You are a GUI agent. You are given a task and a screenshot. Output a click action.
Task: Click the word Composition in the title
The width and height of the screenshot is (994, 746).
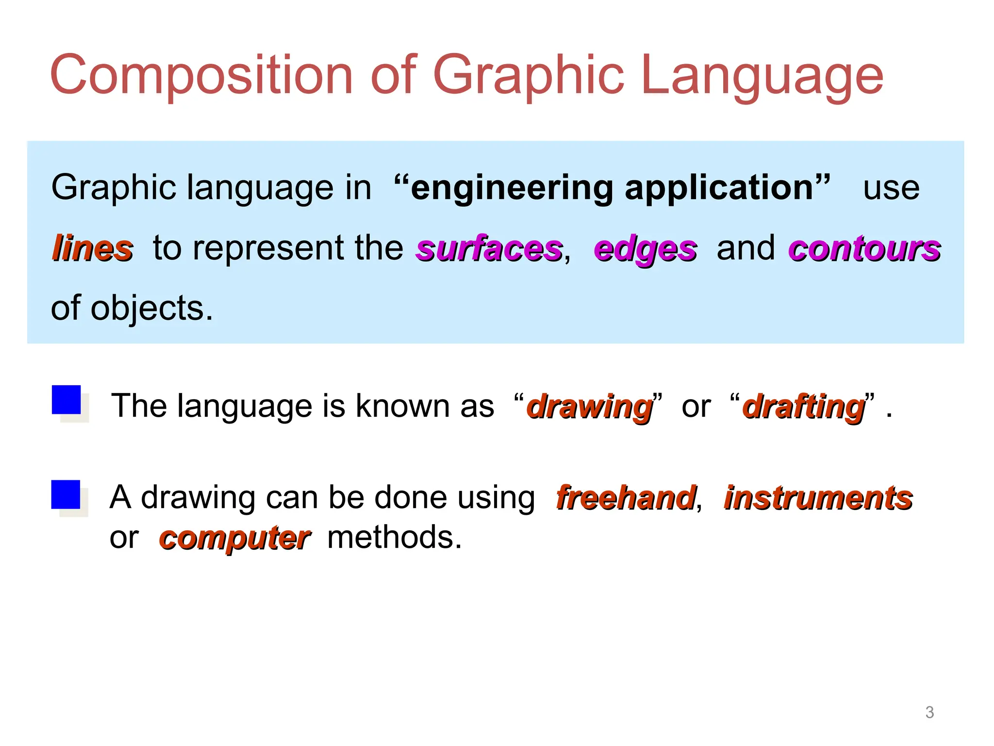pyautogui.click(x=201, y=75)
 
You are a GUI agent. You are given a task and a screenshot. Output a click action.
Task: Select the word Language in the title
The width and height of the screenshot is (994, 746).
pyautogui.click(x=762, y=75)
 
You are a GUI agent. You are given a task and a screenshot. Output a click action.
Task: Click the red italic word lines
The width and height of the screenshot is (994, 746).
pyautogui.click(x=92, y=248)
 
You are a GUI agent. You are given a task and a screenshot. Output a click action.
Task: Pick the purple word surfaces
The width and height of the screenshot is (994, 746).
pyautogui.click(x=489, y=248)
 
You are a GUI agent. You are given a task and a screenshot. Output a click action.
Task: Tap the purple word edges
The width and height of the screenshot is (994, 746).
pyautogui.click(x=645, y=249)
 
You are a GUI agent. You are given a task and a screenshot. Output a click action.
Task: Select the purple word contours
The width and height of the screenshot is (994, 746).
pyautogui.click(x=864, y=248)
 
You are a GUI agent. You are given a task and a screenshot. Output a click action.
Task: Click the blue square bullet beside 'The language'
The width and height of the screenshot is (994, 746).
pyautogui.click(x=66, y=400)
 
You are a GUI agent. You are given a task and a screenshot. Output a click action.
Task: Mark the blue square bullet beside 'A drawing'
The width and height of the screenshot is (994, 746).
pyautogui.click(x=66, y=494)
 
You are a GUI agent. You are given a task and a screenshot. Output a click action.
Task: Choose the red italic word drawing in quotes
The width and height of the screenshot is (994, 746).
pyautogui.click(x=590, y=407)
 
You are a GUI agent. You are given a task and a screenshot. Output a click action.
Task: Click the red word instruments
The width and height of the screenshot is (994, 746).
pyautogui.click(x=818, y=498)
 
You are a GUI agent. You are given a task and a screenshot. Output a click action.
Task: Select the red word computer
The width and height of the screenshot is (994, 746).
pyautogui.click(x=234, y=538)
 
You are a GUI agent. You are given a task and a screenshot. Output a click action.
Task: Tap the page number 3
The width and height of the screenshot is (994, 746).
pyautogui.click(x=929, y=712)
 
